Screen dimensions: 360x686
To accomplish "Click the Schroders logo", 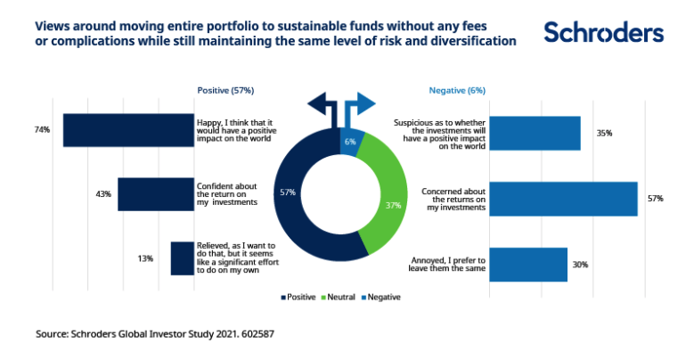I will point(603,33).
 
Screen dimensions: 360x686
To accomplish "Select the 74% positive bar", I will point(129,130).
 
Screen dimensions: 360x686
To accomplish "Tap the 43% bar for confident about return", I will point(156,193).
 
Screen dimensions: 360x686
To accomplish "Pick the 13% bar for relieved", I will point(183,258).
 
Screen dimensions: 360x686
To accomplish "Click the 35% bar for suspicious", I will point(535,133).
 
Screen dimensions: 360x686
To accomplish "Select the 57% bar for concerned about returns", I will point(563,199).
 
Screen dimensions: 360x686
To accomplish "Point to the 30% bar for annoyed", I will point(528,265).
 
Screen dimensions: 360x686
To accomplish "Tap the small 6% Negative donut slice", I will point(350,140).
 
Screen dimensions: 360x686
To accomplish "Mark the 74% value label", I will point(42,130).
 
